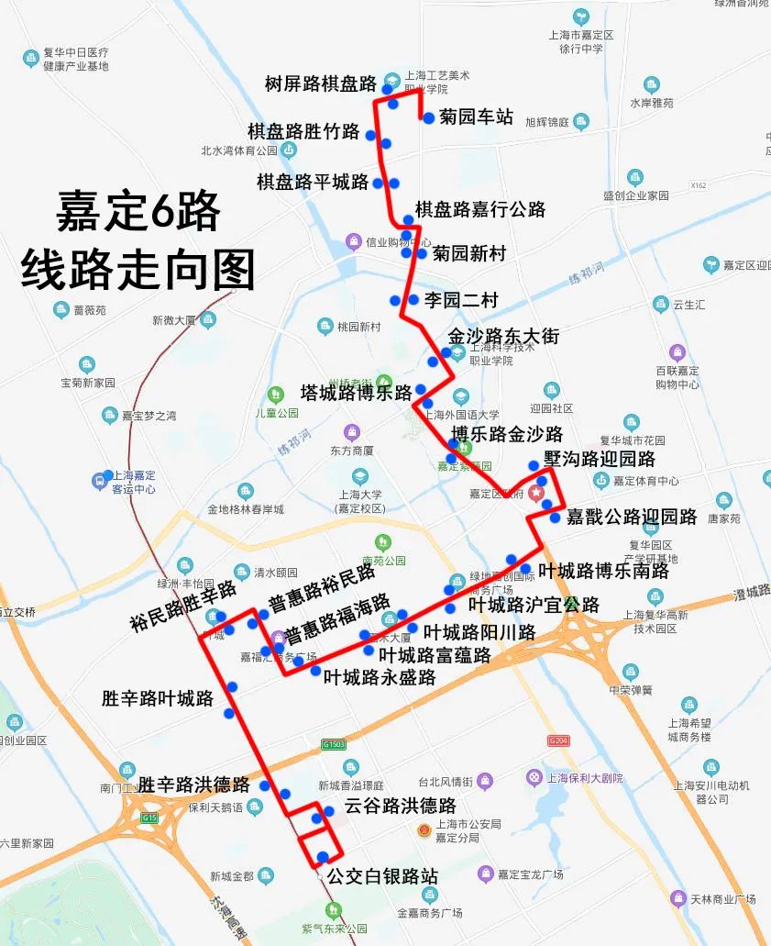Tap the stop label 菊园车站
tap(476, 117)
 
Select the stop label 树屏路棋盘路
tap(321, 84)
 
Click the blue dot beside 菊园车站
tap(428, 117)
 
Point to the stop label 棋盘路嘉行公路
tap(479, 209)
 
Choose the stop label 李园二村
tap(461, 299)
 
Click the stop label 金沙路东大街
tap(503, 336)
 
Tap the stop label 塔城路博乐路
tap(357, 393)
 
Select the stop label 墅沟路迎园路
tap(600, 459)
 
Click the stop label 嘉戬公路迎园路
tap(632, 517)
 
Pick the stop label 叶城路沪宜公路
tap(534, 605)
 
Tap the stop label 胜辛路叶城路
tap(158, 698)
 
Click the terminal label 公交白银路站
tap(382, 876)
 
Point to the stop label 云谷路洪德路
tap(401, 807)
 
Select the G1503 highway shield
tap(333, 744)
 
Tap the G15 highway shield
tap(149, 817)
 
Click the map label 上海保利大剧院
tap(584, 778)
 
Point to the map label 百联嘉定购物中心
tap(677, 377)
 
